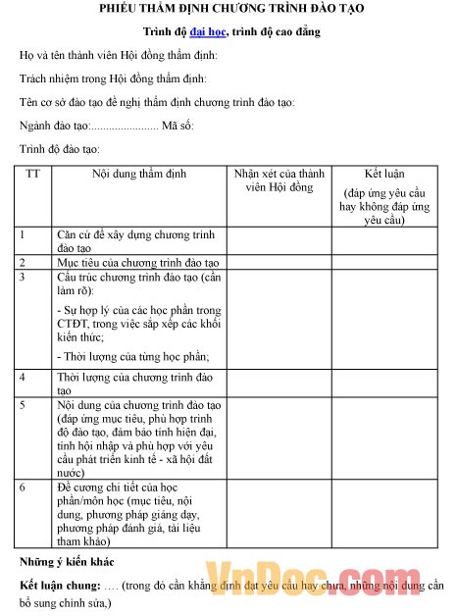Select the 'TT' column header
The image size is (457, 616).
click(x=33, y=174)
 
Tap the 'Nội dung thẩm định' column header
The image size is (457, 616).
click(x=138, y=174)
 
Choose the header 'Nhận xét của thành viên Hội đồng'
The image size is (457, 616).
click(x=279, y=180)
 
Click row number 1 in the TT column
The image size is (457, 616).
click(x=23, y=234)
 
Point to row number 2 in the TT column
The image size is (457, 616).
click(x=23, y=263)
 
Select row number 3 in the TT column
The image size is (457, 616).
click(x=23, y=278)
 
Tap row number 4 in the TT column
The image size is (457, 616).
click(x=23, y=377)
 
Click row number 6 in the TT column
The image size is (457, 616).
click(x=23, y=487)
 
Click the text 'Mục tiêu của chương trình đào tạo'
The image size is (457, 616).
click(x=137, y=263)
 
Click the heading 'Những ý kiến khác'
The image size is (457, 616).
click(x=67, y=562)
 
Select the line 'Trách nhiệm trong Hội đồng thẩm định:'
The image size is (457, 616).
click(x=119, y=78)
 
